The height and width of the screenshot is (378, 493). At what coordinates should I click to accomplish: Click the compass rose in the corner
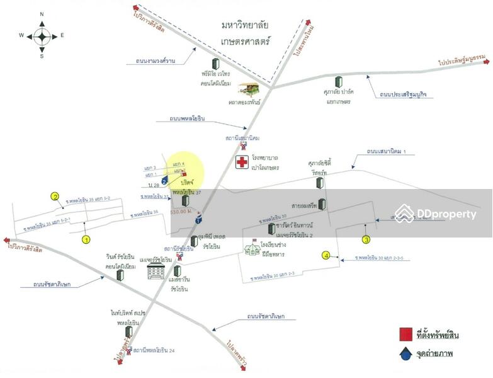coord(42,35)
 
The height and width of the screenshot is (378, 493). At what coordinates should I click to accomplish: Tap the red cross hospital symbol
coord(242,163)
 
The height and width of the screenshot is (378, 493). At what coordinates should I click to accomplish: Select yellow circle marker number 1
coord(86,239)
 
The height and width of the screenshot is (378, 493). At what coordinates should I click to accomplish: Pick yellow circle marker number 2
coord(55,197)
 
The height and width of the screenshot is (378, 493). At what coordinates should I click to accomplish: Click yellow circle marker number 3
coord(366,239)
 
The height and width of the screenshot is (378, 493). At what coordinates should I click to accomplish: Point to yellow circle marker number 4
coord(326,255)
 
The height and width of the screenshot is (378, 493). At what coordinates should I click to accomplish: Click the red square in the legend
coord(406,334)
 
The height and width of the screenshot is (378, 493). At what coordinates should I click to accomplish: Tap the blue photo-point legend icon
coord(406,353)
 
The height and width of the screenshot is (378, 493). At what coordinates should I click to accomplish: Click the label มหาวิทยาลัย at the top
coord(245,25)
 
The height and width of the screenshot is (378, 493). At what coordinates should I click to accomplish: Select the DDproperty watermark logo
coord(435,214)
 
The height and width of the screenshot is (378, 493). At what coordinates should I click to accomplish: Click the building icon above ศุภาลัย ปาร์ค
coord(339,82)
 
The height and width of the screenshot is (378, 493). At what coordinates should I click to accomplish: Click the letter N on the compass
coord(42,13)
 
